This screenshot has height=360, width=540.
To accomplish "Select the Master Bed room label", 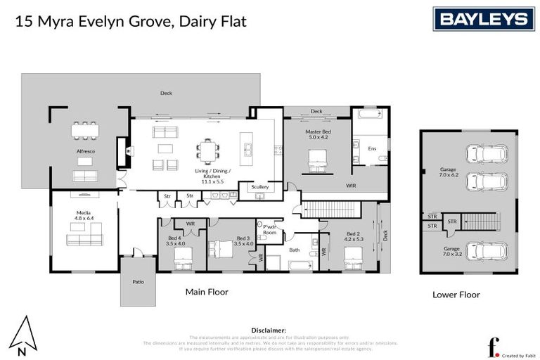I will coord(318,134).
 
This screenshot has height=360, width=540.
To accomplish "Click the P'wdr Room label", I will coord(270,229).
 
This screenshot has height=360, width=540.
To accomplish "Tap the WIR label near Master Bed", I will coord(350,186).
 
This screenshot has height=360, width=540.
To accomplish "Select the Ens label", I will coord(372,148).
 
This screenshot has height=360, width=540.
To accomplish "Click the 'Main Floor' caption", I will coord(206,291).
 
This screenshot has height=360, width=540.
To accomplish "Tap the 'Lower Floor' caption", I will coord(456,295).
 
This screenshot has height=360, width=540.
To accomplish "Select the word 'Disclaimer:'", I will coord(269,330).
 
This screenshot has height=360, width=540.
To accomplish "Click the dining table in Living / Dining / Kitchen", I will coord(208,149).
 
